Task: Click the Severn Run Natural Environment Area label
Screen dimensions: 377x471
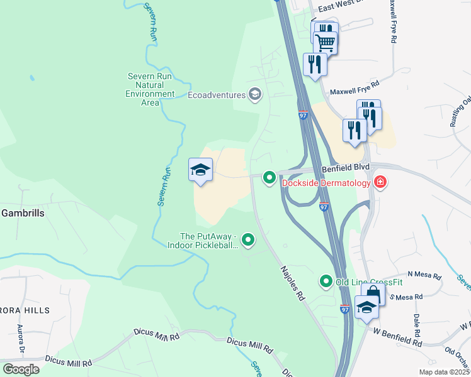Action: click(150, 90)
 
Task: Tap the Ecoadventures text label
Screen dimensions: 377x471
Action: click(217, 96)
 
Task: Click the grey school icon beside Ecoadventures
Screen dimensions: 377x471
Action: click(255, 95)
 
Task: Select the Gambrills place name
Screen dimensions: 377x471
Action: click(22, 213)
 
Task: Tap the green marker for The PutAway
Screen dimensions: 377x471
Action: click(249, 239)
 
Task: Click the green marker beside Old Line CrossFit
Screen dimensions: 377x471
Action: click(326, 281)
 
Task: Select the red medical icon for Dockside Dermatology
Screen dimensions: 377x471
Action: click(380, 183)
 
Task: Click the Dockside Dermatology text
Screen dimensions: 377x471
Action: click(326, 183)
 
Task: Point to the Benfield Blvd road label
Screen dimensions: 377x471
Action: click(344, 169)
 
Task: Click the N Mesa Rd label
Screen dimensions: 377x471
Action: click(424, 275)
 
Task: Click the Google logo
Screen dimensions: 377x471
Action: click(21, 369)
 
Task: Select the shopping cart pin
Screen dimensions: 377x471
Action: click(326, 43)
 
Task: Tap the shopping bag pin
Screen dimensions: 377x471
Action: click(373, 293)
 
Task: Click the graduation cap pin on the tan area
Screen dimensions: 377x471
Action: click(200, 170)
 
